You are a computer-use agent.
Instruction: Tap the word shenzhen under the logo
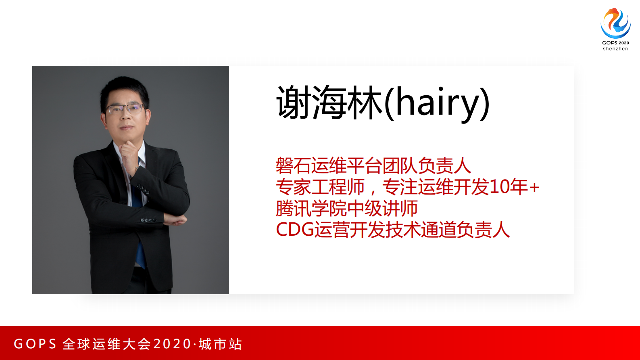click(x=615, y=49)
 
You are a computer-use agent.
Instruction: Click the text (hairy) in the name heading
click(x=437, y=103)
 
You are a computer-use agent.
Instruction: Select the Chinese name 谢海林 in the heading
click(x=329, y=103)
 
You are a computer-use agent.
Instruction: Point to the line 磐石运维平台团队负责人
click(x=373, y=165)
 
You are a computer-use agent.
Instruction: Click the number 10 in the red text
click(x=498, y=187)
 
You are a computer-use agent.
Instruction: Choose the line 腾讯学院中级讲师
click(x=347, y=209)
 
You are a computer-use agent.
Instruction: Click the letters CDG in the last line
click(x=295, y=230)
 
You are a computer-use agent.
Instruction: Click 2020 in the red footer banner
click(x=172, y=344)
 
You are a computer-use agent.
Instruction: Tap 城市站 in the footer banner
click(x=220, y=344)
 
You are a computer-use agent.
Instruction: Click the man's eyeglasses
click(x=125, y=109)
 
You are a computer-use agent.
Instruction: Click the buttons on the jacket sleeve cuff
click(x=148, y=220)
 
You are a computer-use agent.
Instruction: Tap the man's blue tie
click(x=140, y=242)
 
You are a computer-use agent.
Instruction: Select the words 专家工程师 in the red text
click(x=320, y=187)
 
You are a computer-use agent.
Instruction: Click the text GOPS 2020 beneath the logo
click(x=615, y=43)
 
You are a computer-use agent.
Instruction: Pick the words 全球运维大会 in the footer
click(x=107, y=344)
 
